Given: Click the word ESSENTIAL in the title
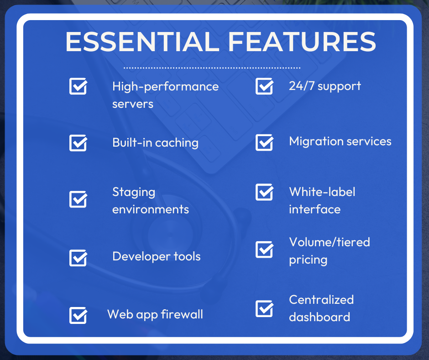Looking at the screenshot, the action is click(142, 42).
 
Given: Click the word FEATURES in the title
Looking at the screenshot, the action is click(302, 42).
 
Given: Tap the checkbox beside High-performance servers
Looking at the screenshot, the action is click(78, 86).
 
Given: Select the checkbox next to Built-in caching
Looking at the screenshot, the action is click(78, 143).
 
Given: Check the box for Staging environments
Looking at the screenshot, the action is click(78, 199).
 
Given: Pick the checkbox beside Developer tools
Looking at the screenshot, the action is click(78, 258).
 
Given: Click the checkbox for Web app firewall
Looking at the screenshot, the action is click(78, 315).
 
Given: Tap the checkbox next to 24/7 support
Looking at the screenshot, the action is click(265, 86).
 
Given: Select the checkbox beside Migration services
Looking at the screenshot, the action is click(265, 143).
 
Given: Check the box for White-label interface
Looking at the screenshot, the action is click(265, 192).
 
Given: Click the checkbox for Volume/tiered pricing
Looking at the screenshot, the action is click(265, 249).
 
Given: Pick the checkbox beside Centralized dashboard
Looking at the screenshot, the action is click(265, 308).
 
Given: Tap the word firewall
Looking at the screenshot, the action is click(182, 314).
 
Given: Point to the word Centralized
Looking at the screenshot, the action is click(321, 299).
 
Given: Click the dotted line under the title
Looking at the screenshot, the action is click(212, 68).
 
